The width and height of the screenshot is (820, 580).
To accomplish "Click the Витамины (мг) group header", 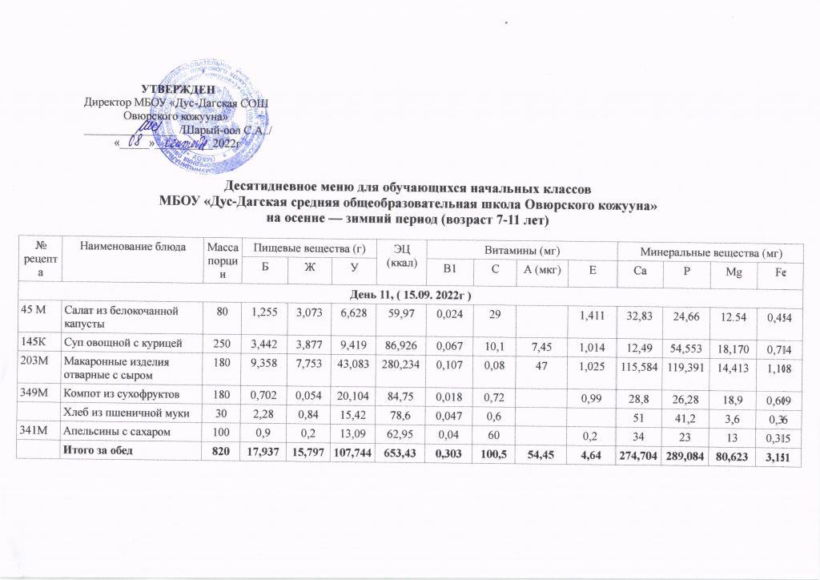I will click(520, 252).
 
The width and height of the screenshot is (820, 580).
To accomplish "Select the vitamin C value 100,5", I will click(499, 455).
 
